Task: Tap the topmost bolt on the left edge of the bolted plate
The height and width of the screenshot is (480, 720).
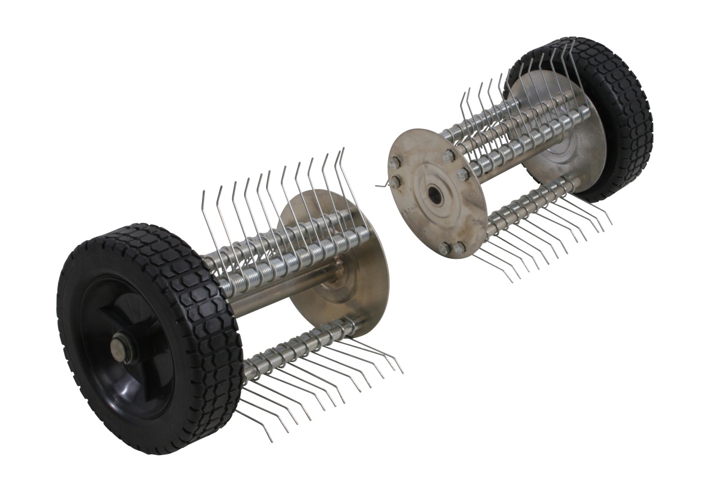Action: [394, 163]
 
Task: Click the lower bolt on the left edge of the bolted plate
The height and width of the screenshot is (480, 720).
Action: [395, 181]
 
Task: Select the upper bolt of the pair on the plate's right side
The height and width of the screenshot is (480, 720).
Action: [449, 156]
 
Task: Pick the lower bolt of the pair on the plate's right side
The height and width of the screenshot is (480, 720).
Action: [462, 174]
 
